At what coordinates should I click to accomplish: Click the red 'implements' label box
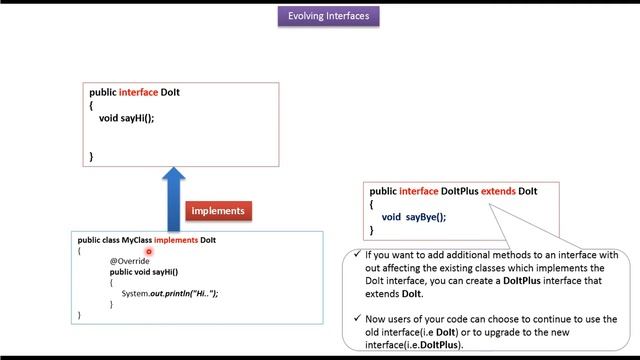[217, 211]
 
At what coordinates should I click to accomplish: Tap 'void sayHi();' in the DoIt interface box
[127, 118]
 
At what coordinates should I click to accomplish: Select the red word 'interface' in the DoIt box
[138, 92]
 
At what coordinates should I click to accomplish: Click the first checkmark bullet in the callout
[357, 255]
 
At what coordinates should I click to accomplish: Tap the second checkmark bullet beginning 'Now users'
[357, 319]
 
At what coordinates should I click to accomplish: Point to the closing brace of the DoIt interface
[91, 156]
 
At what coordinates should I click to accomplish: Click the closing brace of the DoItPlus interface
[371, 230]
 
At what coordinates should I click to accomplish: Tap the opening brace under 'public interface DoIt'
[91, 105]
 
